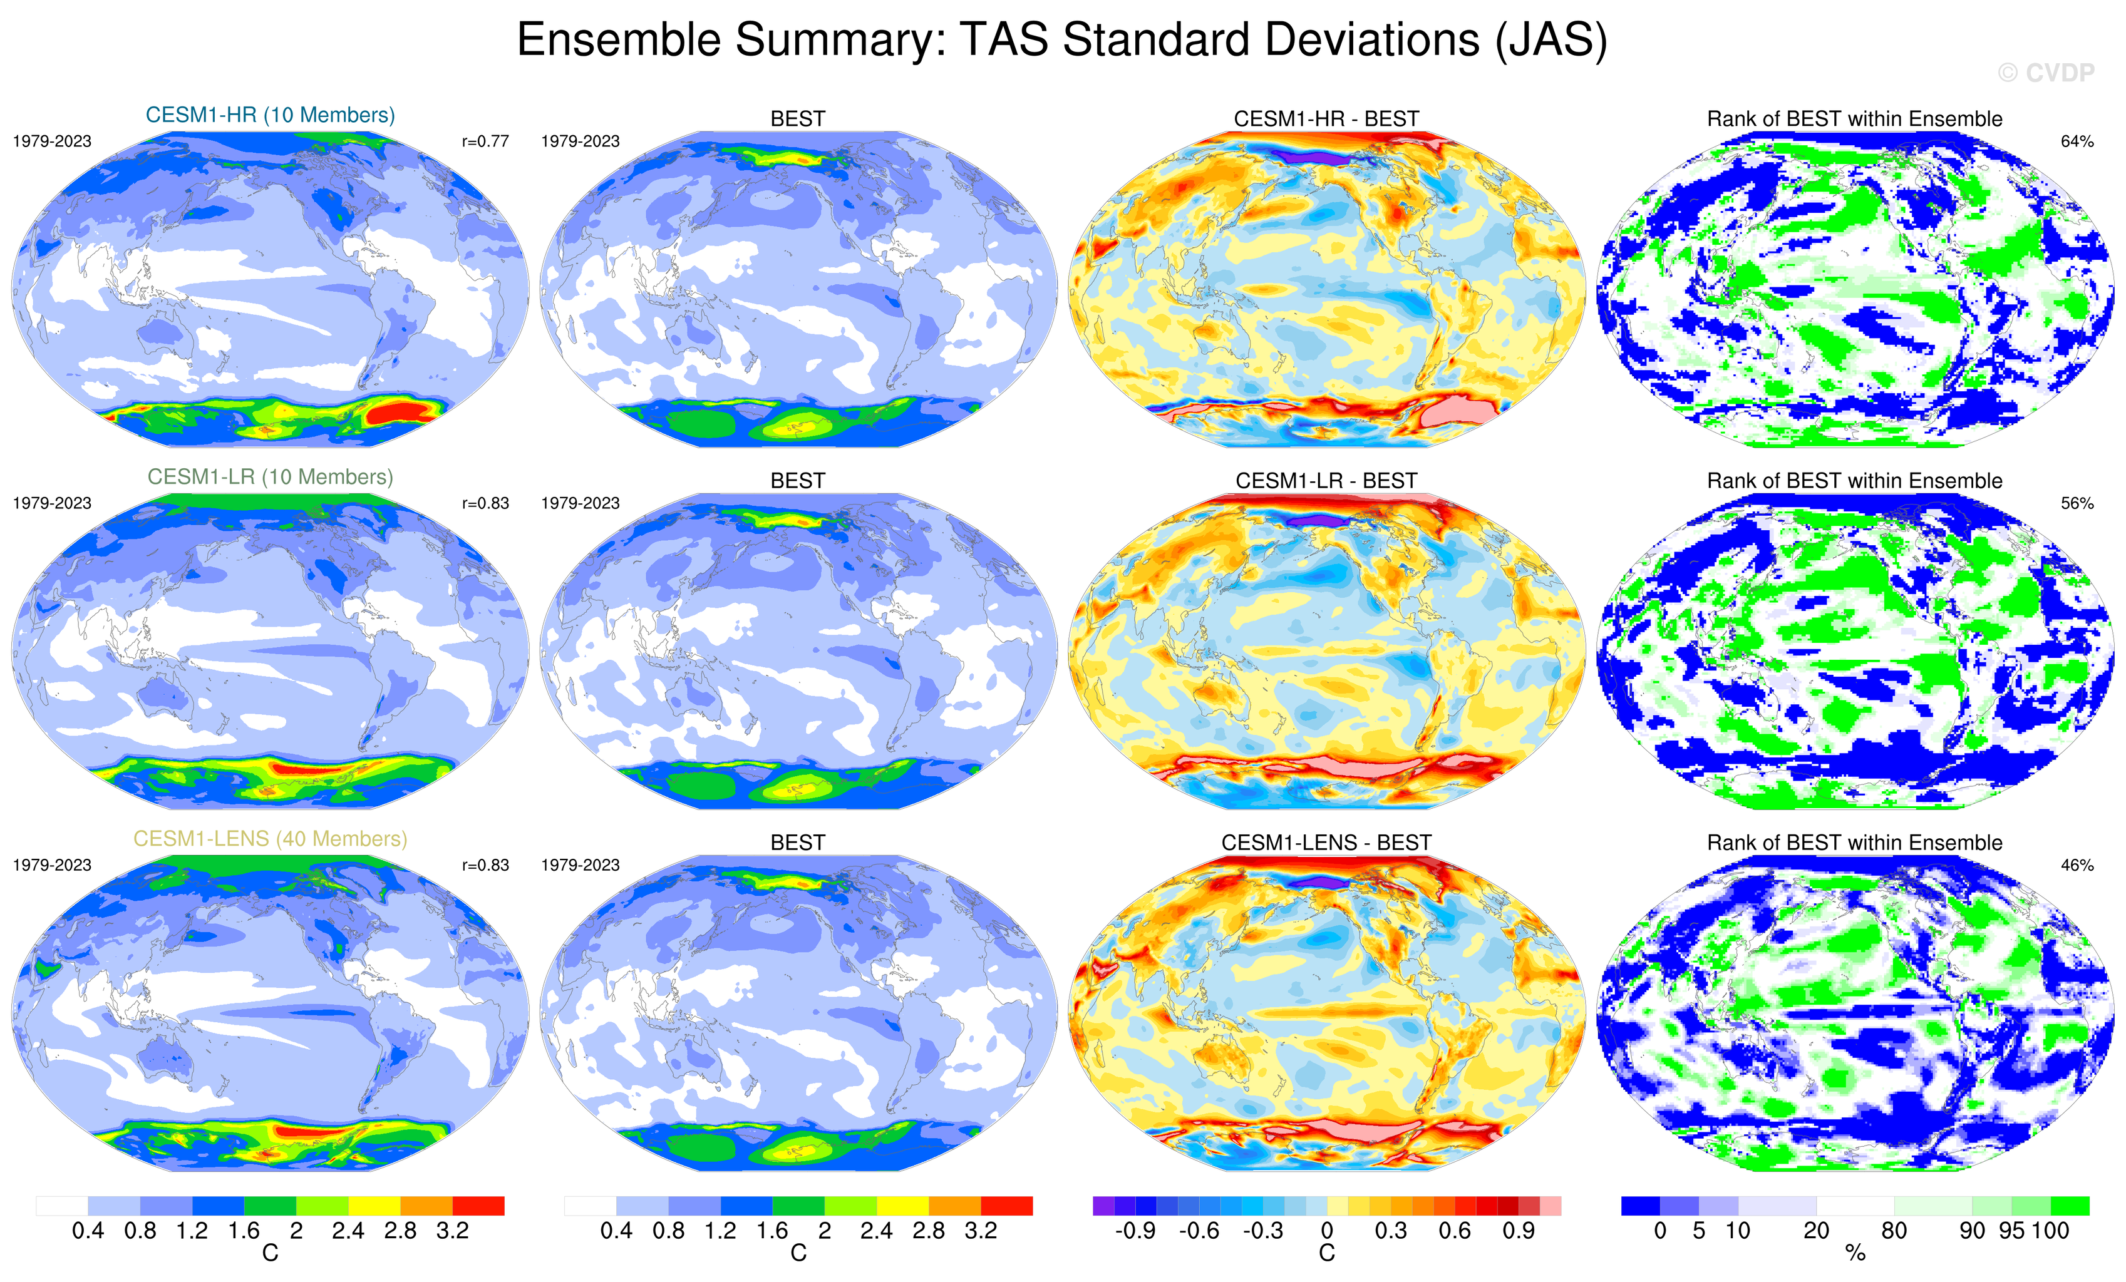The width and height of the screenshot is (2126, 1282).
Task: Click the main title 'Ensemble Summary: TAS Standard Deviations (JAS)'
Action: tap(1061, 41)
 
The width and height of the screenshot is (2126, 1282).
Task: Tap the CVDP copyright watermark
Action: tap(2045, 73)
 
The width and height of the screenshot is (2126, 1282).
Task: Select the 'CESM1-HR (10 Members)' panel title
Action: tap(270, 115)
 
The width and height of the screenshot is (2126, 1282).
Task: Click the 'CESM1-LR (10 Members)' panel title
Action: tap(270, 477)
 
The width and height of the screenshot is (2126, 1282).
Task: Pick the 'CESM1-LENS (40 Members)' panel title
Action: tap(270, 839)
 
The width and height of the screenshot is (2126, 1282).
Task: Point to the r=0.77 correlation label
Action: tap(485, 141)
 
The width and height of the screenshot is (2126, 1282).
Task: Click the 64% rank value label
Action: tap(2077, 141)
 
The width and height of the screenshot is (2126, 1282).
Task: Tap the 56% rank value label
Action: tap(2077, 503)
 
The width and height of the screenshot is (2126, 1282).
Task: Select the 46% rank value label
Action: tap(2077, 865)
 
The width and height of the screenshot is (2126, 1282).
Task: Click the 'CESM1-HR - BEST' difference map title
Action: tap(1326, 119)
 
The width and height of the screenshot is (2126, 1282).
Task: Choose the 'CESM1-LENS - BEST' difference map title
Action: tap(1326, 843)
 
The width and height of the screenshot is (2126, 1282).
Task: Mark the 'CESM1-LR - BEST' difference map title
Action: tap(1326, 481)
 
